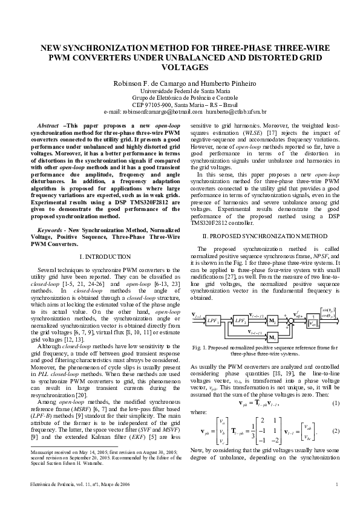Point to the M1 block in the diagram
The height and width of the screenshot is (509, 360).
tap(272, 337)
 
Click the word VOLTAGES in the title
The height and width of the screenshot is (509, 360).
tap(180, 68)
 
